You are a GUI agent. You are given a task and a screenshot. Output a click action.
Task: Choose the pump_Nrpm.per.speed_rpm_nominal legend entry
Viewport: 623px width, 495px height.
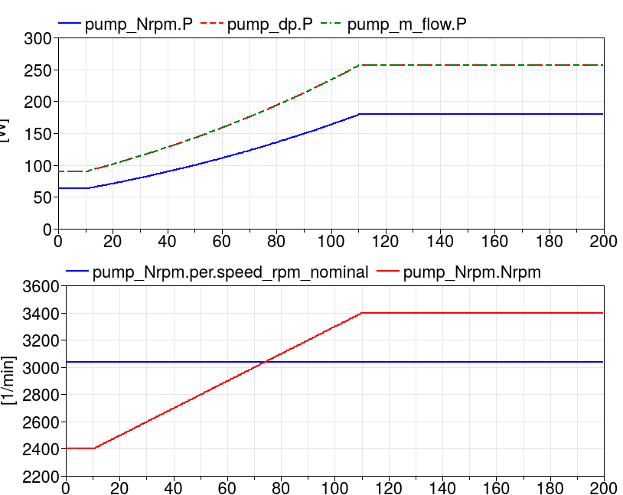[x=230, y=272]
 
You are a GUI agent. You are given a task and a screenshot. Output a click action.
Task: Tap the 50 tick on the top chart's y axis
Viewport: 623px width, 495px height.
[x=43, y=197]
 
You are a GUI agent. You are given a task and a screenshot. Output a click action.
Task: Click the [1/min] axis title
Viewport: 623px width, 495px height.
[x=8, y=381]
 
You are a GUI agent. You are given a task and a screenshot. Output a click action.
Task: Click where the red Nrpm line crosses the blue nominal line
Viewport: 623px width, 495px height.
[x=266, y=362]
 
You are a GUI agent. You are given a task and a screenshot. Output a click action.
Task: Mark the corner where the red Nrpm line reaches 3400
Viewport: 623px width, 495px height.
[x=362, y=313]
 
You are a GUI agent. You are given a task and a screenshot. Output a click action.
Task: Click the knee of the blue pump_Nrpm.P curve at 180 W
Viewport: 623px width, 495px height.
[x=359, y=114]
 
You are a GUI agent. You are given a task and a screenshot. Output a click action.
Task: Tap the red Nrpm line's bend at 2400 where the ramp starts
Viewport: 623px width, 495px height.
[x=94, y=448]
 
